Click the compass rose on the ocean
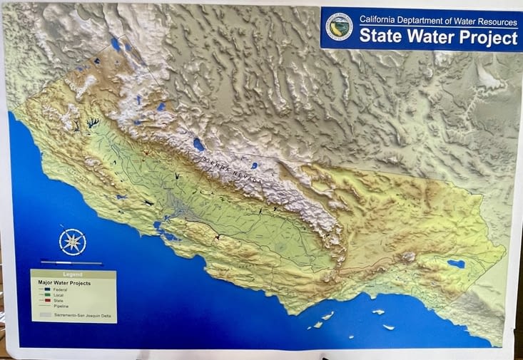[x=72, y=241]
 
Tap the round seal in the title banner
[x=338, y=26]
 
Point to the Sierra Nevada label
[x=232, y=171]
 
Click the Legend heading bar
[x=73, y=274]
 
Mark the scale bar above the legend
[x=71, y=262]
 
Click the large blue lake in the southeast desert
[x=455, y=264]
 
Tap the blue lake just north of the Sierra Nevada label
[x=198, y=145]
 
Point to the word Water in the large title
[x=428, y=36]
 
